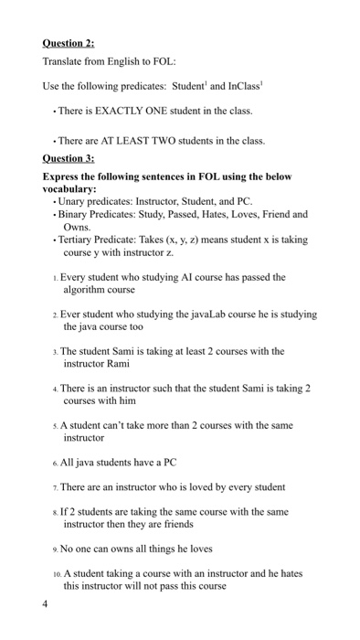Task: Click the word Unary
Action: coord(73,200)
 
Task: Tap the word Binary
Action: coord(75,212)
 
